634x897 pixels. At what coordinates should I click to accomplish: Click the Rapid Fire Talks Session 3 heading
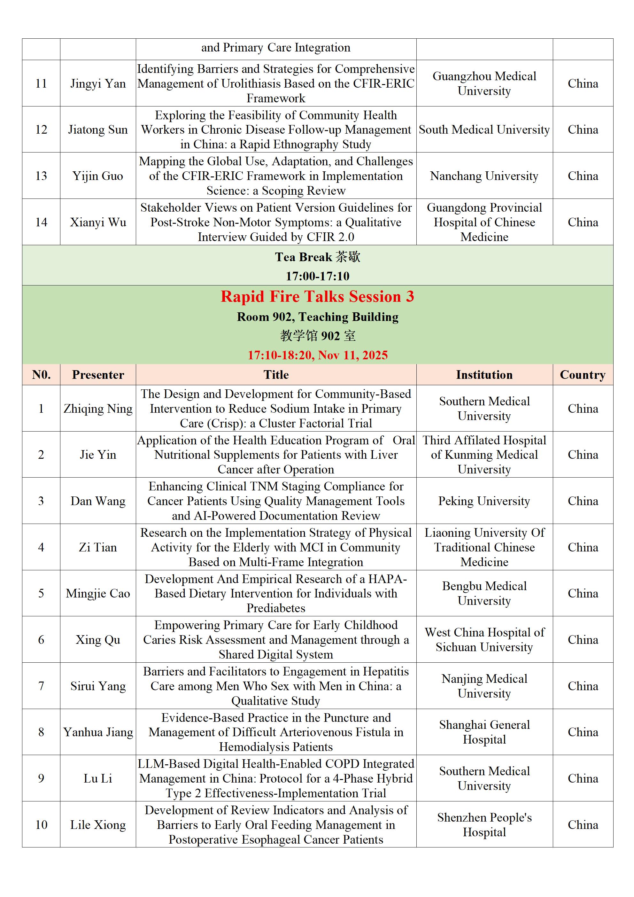pyautogui.click(x=317, y=297)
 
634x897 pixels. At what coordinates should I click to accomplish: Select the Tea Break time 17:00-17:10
pyautogui.click(x=317, y=276)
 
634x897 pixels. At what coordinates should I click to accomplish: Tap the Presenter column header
pyautogui.click(x=98, y=375)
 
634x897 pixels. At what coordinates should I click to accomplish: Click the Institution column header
pyautogui.click(x=484, y=375)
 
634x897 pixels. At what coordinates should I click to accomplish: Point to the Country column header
pyautogui.click(x=583, y=375)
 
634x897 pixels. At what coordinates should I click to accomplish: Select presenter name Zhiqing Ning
pyautogui.click(x=98, y=409)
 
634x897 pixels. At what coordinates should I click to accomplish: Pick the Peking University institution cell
pyautogui.click(x=484, y=501)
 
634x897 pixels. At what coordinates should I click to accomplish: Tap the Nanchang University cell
pyautogui.click(x=484, y=176)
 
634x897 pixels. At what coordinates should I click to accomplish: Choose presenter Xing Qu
pyautogui.click(x=98, y=640)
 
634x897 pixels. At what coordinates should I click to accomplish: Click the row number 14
pyautogui.click(x=41, y=222)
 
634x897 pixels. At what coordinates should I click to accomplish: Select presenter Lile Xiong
pyautogui.click(x=98, y=825)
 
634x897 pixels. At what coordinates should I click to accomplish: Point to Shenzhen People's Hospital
pyautogui.click(x=484, y=825)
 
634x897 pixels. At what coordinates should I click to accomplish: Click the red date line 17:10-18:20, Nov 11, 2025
pyautogui.click(x=317, y=355)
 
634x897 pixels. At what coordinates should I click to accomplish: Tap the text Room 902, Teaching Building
pyautogui.click(x=317, y=317)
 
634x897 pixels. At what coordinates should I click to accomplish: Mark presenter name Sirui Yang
pyautogui.click(x=98, y=686)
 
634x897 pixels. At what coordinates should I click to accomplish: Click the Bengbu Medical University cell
pyautogui.click(x=484, y=593)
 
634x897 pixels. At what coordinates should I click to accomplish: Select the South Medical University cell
pyautogui.click(x=484, y=129)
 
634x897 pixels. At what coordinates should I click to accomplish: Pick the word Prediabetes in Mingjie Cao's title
pyautogui.click(x=276, y=608)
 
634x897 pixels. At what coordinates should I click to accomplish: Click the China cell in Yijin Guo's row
pyautogui.click(x=583, y=176)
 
